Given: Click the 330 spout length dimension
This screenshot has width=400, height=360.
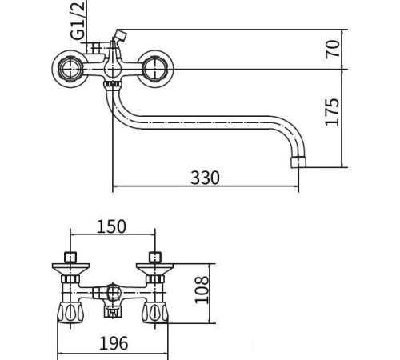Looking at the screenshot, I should [204, 177].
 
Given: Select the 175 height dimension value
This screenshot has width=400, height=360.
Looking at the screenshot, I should [334, 111].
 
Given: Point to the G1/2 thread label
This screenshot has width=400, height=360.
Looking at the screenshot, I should [78, 22].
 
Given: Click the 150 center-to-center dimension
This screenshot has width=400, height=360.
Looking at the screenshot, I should [111, 226].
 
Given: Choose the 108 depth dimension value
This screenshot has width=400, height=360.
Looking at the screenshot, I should [203, 291].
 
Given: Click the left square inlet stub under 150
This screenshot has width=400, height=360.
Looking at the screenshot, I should [71, 258].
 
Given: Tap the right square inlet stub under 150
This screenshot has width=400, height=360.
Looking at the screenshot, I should [154, 258].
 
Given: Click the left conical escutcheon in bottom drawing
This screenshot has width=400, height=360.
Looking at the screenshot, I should [71, 277].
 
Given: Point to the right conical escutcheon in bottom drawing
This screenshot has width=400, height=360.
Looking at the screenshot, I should [154, 277].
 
